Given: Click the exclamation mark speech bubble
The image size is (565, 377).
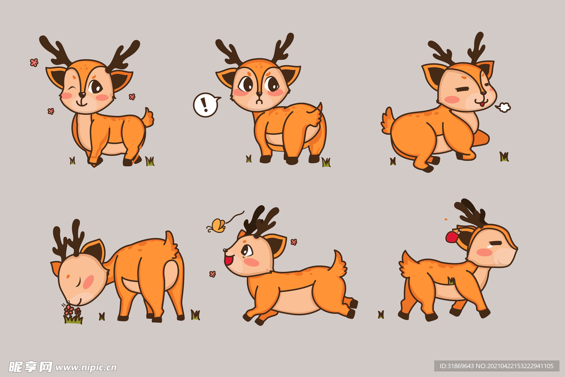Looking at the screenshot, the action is click(x=206, y=104).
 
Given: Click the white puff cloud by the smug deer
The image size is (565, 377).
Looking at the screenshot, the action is click(x=503, y=107).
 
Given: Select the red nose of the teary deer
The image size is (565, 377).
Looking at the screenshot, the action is click(x=451, y=236).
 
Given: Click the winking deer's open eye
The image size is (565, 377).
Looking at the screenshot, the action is click(x=95, y=87).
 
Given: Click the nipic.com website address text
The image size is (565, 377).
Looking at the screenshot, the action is click(x=86, y=367).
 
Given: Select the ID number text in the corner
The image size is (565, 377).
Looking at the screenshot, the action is click(x=497, y=366).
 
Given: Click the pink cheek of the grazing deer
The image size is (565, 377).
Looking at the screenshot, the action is click(x=88, y=282).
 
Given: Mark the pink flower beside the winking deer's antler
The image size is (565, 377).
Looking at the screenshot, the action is click(x=34, y=62).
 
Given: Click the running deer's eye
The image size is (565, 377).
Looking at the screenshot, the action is click(x=247, y=250).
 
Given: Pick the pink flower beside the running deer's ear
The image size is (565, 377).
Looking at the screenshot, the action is click(x=294, y=242).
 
